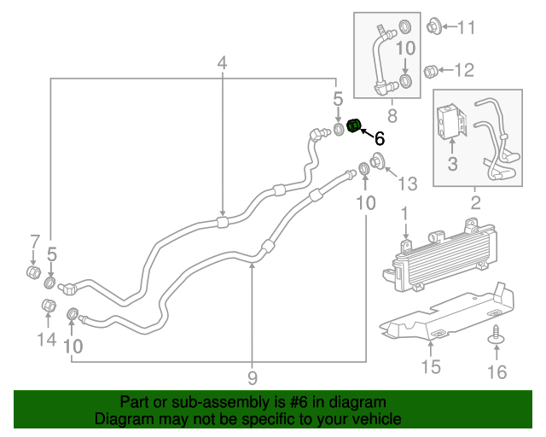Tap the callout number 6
pyautogui.click(x=380, y=137)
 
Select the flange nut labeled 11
pyautogui.click(x=431, y=26)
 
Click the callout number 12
pyautogui.click(x=465, y=70)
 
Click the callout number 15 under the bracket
pyautogui.click(x=431, y=367)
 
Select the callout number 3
pyautogui.click(x=452, y=161)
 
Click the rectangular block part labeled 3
pyautogui.click(x=450, y=122)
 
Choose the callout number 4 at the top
pyautogui.click(x=222, y=63)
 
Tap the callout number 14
pyautogui.click(x=46, y=340)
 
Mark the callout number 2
pyautogui.click(x=475, y=203)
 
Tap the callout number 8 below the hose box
pyautogui.click(x=392, y=114)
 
